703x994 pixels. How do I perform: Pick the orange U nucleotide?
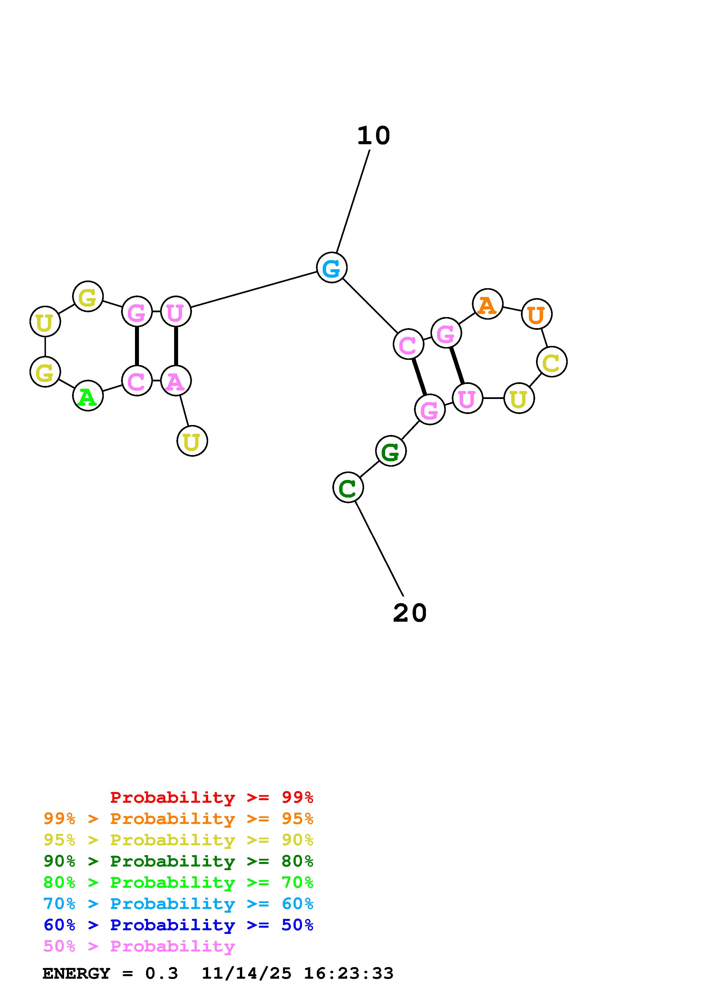pos(537,314)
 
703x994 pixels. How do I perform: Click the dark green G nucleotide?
pos(391,451)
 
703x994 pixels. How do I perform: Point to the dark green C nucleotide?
pos(348,487)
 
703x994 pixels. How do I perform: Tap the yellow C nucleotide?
pos(551,362)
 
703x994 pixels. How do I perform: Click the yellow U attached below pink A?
pos(192,441)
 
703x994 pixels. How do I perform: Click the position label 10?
pos(373,136)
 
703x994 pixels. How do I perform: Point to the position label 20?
pos(410,613)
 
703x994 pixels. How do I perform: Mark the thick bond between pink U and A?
pos(176,346)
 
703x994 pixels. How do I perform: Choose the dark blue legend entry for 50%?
pos(178,925)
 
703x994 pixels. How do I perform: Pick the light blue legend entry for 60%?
pos(178,904)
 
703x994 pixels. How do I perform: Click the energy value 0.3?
pos(162,973)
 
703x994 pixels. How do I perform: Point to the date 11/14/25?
pos(246,973)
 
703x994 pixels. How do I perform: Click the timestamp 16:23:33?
pos(349,973)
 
